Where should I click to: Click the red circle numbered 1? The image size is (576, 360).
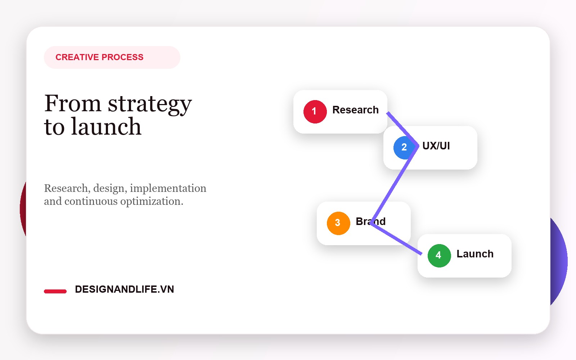[315, 112]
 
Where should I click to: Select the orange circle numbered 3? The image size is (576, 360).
[338, 223]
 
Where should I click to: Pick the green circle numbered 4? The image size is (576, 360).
[439, 256]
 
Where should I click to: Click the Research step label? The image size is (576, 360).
[355, 110]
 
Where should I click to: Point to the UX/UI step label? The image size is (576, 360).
[436, 146]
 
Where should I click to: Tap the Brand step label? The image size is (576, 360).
[370, 221]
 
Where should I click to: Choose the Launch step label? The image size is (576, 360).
[475, 254]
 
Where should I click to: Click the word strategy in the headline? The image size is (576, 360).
[150, 104]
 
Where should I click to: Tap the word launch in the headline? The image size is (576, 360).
[106, 126]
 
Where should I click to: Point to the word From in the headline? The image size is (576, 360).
[73, 103]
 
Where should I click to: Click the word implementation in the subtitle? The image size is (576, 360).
[168, 188]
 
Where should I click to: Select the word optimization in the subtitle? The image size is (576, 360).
[152, 201]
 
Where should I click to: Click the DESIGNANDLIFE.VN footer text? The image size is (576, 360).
[125, 289]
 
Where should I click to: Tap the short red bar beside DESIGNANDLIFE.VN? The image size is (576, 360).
[55, 291]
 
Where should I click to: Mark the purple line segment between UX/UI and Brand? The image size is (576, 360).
[395, 185]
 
